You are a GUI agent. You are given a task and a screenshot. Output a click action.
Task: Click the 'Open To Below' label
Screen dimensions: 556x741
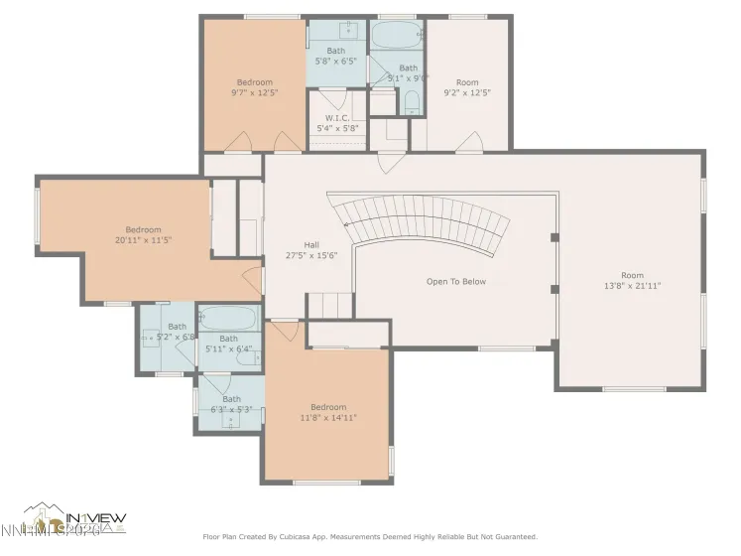tap(455, 281)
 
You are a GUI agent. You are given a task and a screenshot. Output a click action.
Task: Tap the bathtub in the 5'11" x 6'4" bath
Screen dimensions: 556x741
tap(228, 320)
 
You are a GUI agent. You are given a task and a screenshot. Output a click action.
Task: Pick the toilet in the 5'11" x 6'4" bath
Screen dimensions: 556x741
tap(247, 358)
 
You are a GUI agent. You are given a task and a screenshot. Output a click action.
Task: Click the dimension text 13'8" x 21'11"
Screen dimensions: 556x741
tap(633, 285)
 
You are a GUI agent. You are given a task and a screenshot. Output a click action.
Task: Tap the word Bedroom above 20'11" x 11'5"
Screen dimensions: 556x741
tap(143, 229)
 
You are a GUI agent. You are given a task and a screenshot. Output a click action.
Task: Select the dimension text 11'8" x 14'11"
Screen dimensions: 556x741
tap(328, 418)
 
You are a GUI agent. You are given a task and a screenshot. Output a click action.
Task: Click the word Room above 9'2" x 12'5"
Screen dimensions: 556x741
tap(466, 82)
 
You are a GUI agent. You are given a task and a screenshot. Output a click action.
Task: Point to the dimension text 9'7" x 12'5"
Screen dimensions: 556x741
tap(254, 92)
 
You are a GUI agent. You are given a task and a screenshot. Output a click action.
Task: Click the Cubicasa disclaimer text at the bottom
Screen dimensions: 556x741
tap(369, 537)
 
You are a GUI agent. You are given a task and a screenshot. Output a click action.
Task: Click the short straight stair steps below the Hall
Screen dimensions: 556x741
tap(329, 305)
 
